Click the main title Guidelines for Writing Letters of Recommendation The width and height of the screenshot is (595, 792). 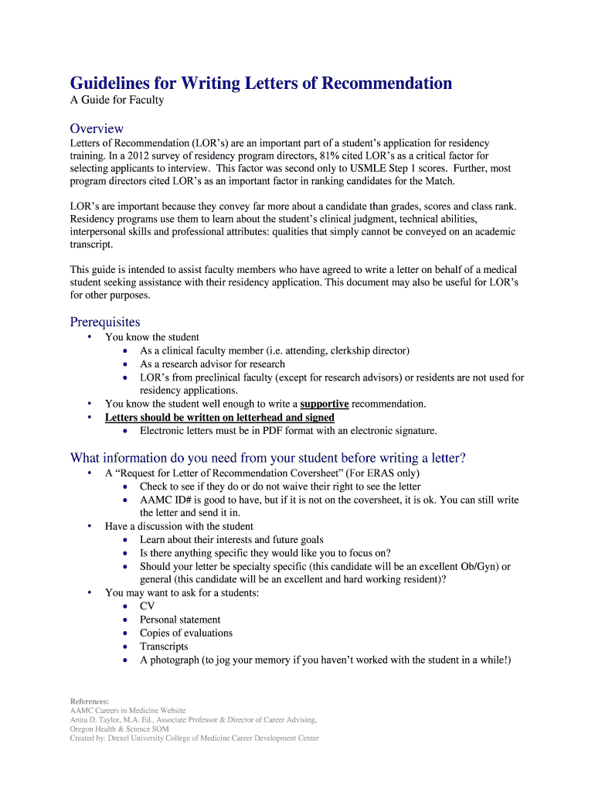point(261,83)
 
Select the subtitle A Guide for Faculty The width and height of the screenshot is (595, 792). point(117,101)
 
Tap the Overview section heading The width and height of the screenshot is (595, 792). point(97,128)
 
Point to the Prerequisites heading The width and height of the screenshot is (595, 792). point(105,322)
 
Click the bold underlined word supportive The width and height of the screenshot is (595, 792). point(325,404)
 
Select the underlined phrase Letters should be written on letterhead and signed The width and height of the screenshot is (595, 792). point(219,418)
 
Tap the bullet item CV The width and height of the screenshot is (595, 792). point(147,606)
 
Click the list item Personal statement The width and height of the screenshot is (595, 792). point(180,620)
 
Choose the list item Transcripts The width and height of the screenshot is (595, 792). point(164,647)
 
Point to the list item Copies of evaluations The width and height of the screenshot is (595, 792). point(186,633)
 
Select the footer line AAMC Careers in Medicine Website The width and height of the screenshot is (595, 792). point(128,710)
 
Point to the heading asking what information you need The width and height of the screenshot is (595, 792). point(268,457)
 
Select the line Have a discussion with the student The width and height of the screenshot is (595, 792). point(179,527)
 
